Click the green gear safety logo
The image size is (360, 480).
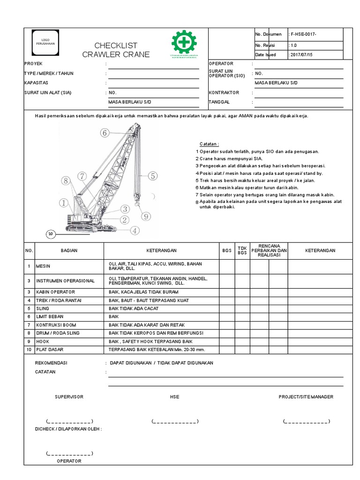click(184, 43)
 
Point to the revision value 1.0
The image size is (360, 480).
click(294, 45)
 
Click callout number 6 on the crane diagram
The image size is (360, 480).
click(104, 133)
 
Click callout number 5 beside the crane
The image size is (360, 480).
click(152, 176)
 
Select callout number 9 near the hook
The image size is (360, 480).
click(146, 216)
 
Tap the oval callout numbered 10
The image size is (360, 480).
click(51, 234)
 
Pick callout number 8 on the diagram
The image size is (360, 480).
click(65, 180)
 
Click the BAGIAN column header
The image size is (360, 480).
click(69, 251)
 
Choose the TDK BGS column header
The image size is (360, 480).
click(242, 251)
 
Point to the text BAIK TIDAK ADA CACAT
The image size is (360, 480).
click(133, 308)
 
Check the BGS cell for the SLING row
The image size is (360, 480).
click(227, 308)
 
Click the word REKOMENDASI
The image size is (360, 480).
click(52, 363)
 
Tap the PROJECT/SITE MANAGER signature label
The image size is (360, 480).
click(306, 397)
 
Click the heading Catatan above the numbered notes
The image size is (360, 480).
click(209, 144)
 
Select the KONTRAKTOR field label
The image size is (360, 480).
click(224, 93)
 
